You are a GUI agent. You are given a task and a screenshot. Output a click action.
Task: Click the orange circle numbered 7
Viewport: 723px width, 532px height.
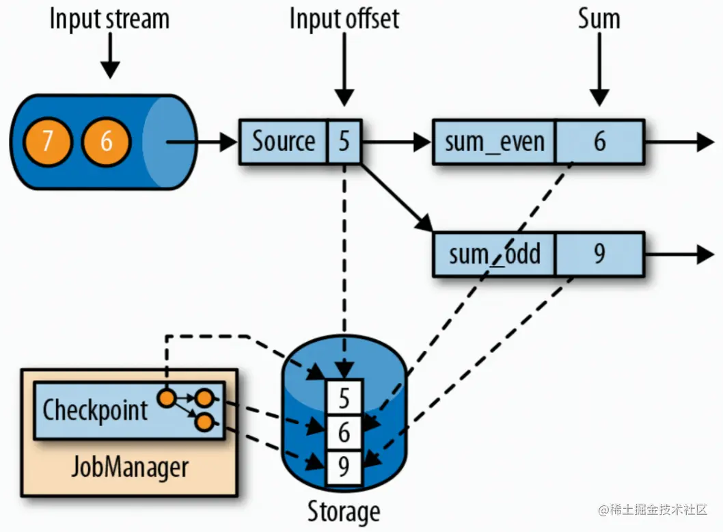point(47,142)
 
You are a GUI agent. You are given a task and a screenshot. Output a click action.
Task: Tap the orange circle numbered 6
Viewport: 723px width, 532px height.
point(106,142)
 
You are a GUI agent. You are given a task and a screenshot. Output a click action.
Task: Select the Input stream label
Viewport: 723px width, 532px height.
point(109,18)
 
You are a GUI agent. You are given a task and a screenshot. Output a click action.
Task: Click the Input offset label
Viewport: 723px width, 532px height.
point(344,18)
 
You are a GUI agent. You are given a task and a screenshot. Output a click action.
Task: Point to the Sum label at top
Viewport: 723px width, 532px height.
point(599,18)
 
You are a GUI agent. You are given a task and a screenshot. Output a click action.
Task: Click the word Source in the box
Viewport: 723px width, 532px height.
point(284,142)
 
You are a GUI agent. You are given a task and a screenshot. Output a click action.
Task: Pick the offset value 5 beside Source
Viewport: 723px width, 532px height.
point(344,142)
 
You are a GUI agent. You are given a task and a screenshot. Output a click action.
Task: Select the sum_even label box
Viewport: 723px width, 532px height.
point(495,142)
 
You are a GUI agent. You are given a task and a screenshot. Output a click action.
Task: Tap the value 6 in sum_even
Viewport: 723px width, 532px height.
point(599,142)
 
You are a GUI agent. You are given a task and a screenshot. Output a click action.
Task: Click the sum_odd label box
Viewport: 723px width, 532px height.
point(495,254)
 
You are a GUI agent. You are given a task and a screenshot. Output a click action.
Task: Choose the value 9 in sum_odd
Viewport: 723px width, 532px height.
point(599,254)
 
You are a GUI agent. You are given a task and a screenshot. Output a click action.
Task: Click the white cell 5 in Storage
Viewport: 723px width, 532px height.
point(344,397)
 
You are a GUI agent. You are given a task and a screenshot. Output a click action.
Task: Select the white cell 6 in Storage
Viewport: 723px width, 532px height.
point(344,433)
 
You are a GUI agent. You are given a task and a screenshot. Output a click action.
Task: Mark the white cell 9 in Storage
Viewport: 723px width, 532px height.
point(344,468)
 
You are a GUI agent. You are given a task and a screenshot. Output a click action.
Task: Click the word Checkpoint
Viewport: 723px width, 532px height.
point(95,410)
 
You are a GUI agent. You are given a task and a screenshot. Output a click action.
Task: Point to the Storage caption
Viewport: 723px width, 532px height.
point(343,511)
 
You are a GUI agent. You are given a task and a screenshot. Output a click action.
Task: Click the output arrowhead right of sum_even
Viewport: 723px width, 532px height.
point(704,142)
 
